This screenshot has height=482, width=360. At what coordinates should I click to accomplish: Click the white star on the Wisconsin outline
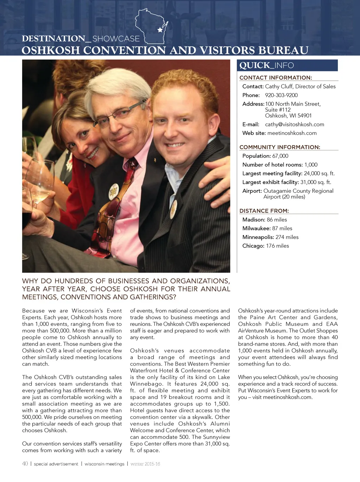point(160,30)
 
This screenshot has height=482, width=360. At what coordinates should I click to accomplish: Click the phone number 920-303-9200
point(281,95)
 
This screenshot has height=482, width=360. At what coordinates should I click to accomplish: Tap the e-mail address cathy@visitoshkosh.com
point(295,125)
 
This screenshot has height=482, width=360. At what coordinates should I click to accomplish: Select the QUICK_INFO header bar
point(288,65)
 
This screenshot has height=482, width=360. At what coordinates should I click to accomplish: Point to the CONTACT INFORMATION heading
point(276,78)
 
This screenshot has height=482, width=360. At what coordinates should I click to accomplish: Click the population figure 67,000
point(280,156)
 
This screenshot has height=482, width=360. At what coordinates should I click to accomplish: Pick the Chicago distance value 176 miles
point(277,246)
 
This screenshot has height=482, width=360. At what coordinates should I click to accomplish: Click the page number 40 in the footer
point(25,464)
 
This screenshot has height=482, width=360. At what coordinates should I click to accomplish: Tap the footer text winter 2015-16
point(145,464)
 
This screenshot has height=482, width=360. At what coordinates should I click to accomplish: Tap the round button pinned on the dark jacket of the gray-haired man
point(114,191)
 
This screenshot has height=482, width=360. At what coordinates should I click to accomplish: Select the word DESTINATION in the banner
point(53,39)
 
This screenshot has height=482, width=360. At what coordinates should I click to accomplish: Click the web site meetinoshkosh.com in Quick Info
point(292,133)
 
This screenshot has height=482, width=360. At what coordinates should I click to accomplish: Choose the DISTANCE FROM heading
point(264,211)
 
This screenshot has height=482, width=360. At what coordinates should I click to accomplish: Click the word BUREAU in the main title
point(283,50)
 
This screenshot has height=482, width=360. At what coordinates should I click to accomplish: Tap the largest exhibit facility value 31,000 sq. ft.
point(316,182)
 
